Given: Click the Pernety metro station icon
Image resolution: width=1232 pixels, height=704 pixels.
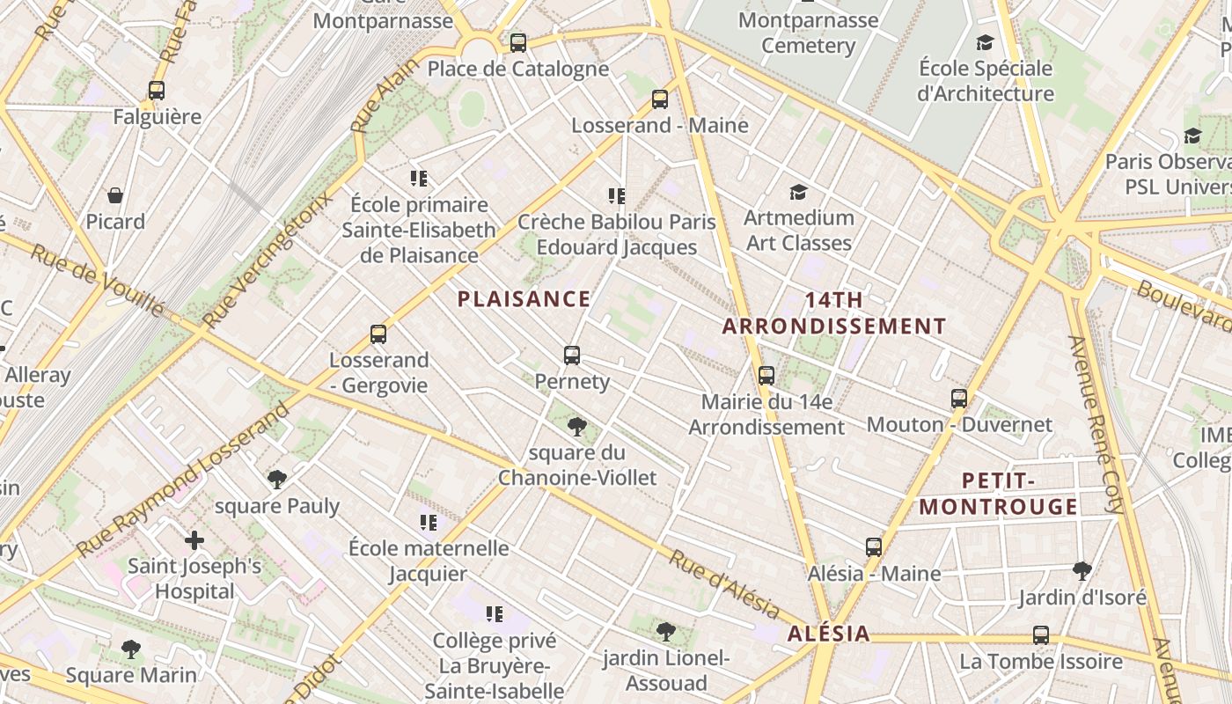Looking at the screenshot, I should point(572,356).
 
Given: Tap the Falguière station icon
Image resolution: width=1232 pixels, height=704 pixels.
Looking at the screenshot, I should point(157,91).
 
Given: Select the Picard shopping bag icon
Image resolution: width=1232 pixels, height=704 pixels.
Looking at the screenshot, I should point(115,194).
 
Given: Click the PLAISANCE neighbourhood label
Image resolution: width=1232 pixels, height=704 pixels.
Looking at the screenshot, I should point(524,299).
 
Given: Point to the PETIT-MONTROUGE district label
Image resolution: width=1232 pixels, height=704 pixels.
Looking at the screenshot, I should point(998,494).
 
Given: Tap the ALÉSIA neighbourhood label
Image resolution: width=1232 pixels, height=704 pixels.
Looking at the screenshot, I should point(828,634).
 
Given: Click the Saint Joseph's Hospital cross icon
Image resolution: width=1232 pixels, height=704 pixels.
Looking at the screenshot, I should point(194,539).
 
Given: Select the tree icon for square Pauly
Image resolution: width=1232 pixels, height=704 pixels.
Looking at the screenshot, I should point(277,480).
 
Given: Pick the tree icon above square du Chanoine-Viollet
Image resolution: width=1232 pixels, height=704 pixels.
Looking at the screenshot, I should point(577,427).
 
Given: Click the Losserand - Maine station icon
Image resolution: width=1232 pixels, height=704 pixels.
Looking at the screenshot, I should point(660,99).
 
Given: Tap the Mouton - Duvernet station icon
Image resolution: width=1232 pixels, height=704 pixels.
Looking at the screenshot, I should point(959,399).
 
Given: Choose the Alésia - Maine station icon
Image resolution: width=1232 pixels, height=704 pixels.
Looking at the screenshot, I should point(874,547).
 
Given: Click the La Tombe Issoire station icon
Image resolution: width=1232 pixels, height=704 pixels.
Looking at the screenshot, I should point(1041,635).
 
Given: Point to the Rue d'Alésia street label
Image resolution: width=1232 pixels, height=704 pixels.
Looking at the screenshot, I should point(724,584).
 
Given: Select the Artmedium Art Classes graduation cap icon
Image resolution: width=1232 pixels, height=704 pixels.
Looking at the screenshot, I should point(798,192).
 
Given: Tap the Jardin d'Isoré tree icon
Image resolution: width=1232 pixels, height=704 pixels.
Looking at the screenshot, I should point(1082,572).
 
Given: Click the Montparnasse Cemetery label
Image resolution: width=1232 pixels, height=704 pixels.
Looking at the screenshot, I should point(808,33).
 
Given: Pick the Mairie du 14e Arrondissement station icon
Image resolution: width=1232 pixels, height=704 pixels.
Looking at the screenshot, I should point(766,376).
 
